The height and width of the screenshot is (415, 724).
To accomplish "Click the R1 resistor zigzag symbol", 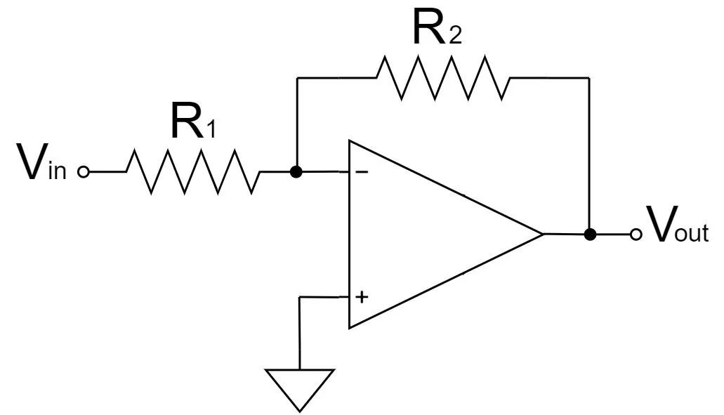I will pos(193,171).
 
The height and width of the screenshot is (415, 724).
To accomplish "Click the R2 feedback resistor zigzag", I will pos(443,78).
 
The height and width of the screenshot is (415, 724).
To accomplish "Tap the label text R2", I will pos(436,29).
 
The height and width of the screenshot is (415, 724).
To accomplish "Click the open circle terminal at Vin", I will pos(83,171).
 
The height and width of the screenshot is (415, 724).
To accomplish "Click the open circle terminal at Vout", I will pos(636,235).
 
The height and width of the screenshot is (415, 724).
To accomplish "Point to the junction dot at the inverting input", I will pos(296,171).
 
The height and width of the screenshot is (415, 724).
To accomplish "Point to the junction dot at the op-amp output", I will pos(590,235).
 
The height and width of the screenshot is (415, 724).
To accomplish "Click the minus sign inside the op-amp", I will pos(361,171).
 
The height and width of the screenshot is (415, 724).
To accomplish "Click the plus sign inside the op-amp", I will pos(361,297).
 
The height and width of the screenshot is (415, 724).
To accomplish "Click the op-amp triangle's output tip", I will pos(542,234).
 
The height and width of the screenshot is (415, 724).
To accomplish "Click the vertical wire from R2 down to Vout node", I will pos(590,154).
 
